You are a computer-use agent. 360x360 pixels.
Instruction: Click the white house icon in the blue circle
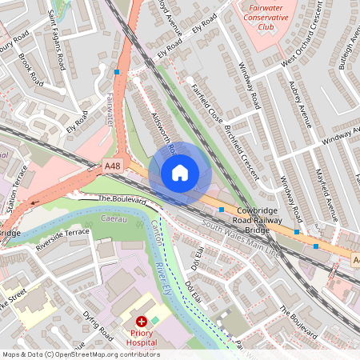click(180, 173)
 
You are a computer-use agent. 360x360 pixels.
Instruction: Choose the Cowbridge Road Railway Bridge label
click(246, 218)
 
